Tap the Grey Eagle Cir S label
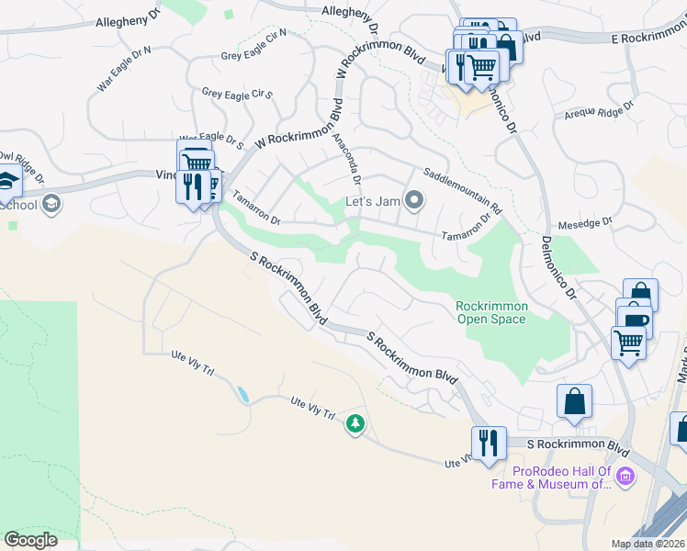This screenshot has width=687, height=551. (238, 94)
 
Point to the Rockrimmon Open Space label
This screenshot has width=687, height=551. (490, 312)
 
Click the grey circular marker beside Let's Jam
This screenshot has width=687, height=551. (414, 199)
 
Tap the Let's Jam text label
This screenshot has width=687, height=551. (374, 201)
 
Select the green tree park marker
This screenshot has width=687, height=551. (355, 424)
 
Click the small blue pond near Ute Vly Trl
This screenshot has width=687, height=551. (242, 395)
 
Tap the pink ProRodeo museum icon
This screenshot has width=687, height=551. (626, 476)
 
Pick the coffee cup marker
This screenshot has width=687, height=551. (635, 319)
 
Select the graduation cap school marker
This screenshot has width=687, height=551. (7, 181)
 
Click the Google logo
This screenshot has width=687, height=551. (30, 540)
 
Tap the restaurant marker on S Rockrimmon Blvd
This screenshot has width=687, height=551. (489, 443)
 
